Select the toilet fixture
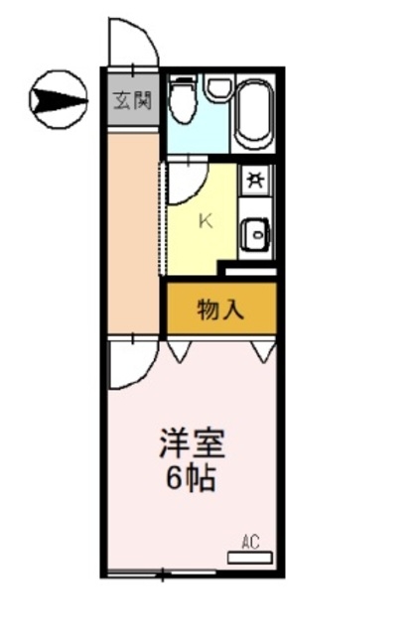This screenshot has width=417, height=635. pyautogui.click(x=182, y=101)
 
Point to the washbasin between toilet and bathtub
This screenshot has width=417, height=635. pyautogui.click(x=216, y=87)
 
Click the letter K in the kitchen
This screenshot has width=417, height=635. pyautogui.click(x=207, y=221)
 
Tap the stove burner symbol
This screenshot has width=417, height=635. pyautogui.click(x=255, y=181)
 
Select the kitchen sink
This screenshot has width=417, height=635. pyautogui.click(x=255, y=235)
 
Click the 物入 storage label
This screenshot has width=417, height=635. pyautogui.click(x=219, y=311)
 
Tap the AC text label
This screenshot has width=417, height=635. pyautogui.click(x=250, y=542)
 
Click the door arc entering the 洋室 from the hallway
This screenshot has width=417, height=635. pyautogui.click(x=129, y=365)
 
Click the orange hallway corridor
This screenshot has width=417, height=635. pyautogui.click(x=132, y=233)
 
